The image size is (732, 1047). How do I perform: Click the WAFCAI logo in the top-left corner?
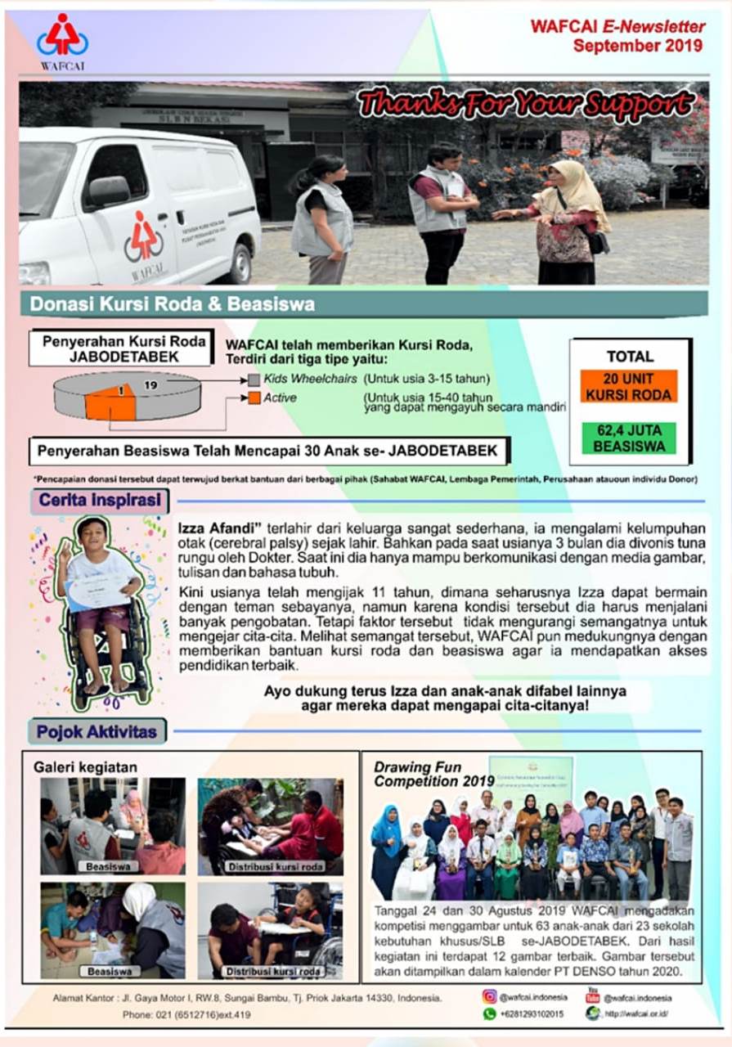click(62, 42)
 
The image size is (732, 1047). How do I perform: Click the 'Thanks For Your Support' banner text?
click(526, 105)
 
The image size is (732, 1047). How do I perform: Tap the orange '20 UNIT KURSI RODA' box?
click(630, 386)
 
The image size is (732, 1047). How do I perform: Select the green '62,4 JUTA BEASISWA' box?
click(630, 438)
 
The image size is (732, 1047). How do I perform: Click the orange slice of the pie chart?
click(110, 402)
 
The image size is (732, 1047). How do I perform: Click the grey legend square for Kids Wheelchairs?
click(254, 380)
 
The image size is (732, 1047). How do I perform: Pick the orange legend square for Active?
click(254, 398)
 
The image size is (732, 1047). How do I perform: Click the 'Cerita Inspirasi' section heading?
click(99, 501)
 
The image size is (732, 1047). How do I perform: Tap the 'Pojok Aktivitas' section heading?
click(97, 731)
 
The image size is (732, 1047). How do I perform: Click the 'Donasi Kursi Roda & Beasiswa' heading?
click(173, 304)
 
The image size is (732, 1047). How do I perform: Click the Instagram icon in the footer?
click(490, 996)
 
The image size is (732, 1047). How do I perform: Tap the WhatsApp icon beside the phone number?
click(490, 1013)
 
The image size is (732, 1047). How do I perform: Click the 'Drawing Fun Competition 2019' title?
click(433, 774)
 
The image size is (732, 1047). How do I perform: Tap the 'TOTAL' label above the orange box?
click(630, 357)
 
